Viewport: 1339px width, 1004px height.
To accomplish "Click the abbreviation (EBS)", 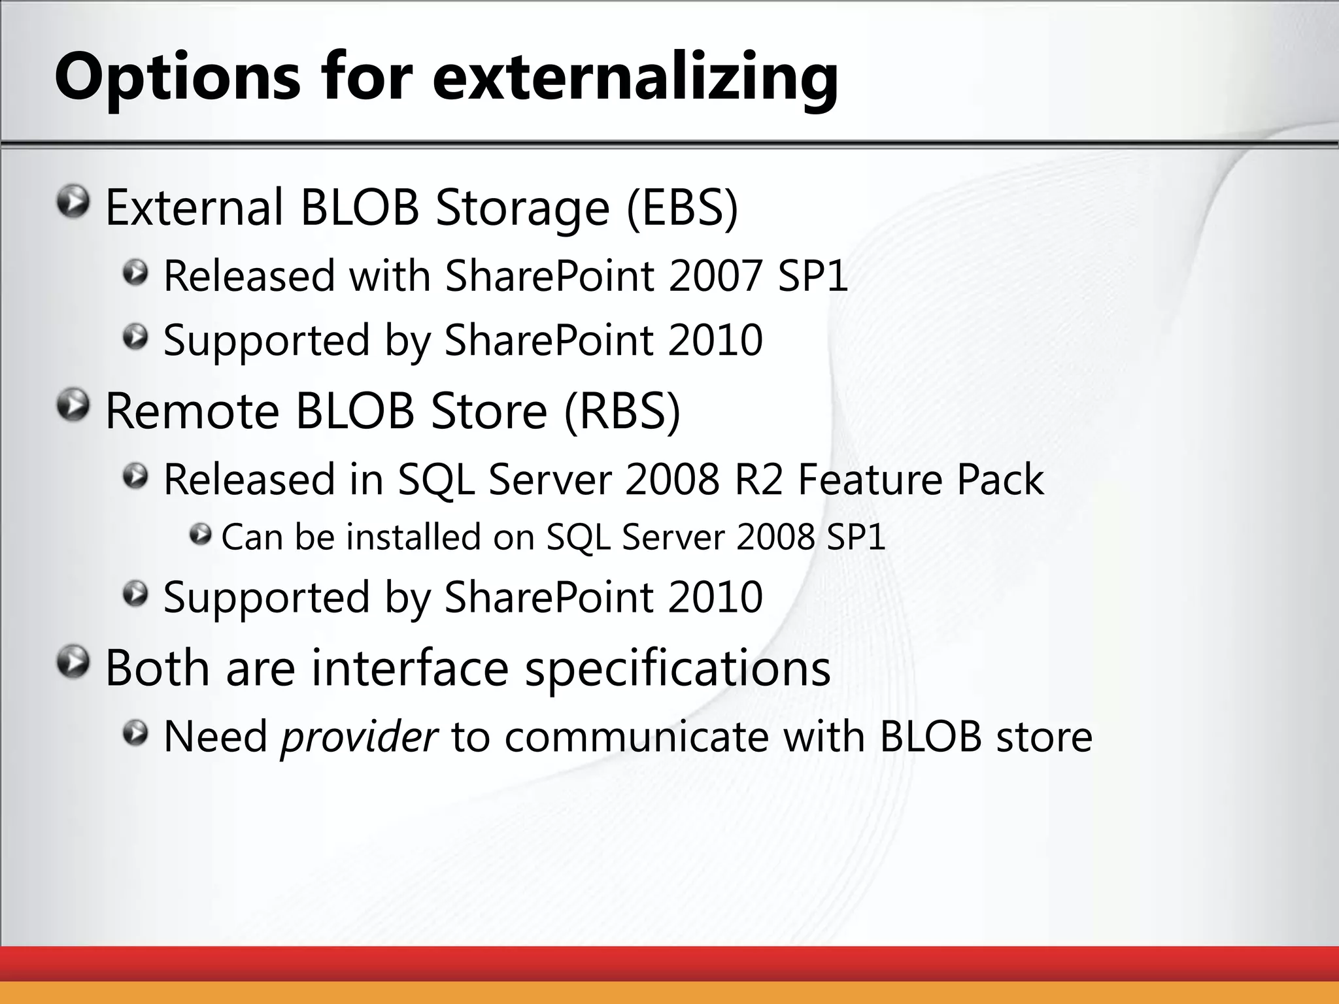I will tap(682, 208).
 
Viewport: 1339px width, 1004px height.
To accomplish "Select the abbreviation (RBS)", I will tap(622, 412).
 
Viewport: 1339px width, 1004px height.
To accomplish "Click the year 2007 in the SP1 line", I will tap(715, 276).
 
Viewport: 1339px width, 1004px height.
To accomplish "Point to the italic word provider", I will tap(358, 737).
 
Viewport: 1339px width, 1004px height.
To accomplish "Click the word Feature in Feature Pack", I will tap(869, 479).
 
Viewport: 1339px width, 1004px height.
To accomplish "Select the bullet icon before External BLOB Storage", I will tap(73, 202).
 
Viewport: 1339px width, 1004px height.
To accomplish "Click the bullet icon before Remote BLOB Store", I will tap(73, 406).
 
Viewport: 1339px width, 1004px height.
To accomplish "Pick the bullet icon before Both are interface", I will tap(73, 662).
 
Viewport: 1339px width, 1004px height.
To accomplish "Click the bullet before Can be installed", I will tap(200, 535).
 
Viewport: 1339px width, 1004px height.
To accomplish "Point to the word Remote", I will tap(192, 412).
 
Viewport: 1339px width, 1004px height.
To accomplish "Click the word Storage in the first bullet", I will tap(522, 208).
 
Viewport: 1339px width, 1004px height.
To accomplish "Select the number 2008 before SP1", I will tap(775, 537).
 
